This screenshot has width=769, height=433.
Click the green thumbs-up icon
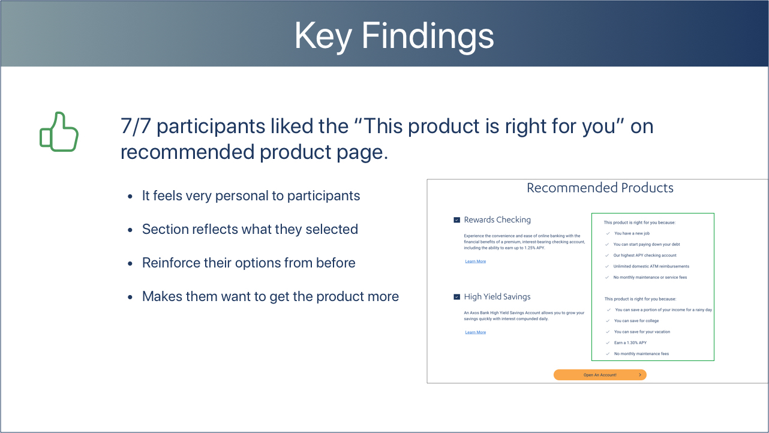click(59, 132)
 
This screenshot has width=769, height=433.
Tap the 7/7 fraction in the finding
click(136, 126)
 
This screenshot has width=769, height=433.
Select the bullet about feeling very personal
click(251, 196)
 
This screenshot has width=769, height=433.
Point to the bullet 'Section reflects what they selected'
click(250, 229)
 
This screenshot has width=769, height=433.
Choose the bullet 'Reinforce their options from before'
click(248, 263)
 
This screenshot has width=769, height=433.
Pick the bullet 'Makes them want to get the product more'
click(271, 296)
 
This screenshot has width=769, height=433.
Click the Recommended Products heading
click(600, 188)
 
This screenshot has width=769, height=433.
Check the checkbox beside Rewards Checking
click(456, 220)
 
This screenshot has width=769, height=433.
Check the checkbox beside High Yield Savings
click(456, 297)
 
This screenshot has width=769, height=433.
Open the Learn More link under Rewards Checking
click(476, 261)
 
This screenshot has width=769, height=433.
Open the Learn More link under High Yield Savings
click(476, 332)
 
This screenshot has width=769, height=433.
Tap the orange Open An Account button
click(600, 375)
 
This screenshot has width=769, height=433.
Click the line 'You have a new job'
click(632, 233)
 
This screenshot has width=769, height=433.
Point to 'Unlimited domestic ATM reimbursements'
click(651, 266)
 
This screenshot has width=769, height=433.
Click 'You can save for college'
click(636, 321)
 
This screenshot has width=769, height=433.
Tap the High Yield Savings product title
click(497, 297)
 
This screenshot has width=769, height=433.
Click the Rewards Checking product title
click(497, 220)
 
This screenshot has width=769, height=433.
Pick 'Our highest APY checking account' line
click(645, 255)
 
